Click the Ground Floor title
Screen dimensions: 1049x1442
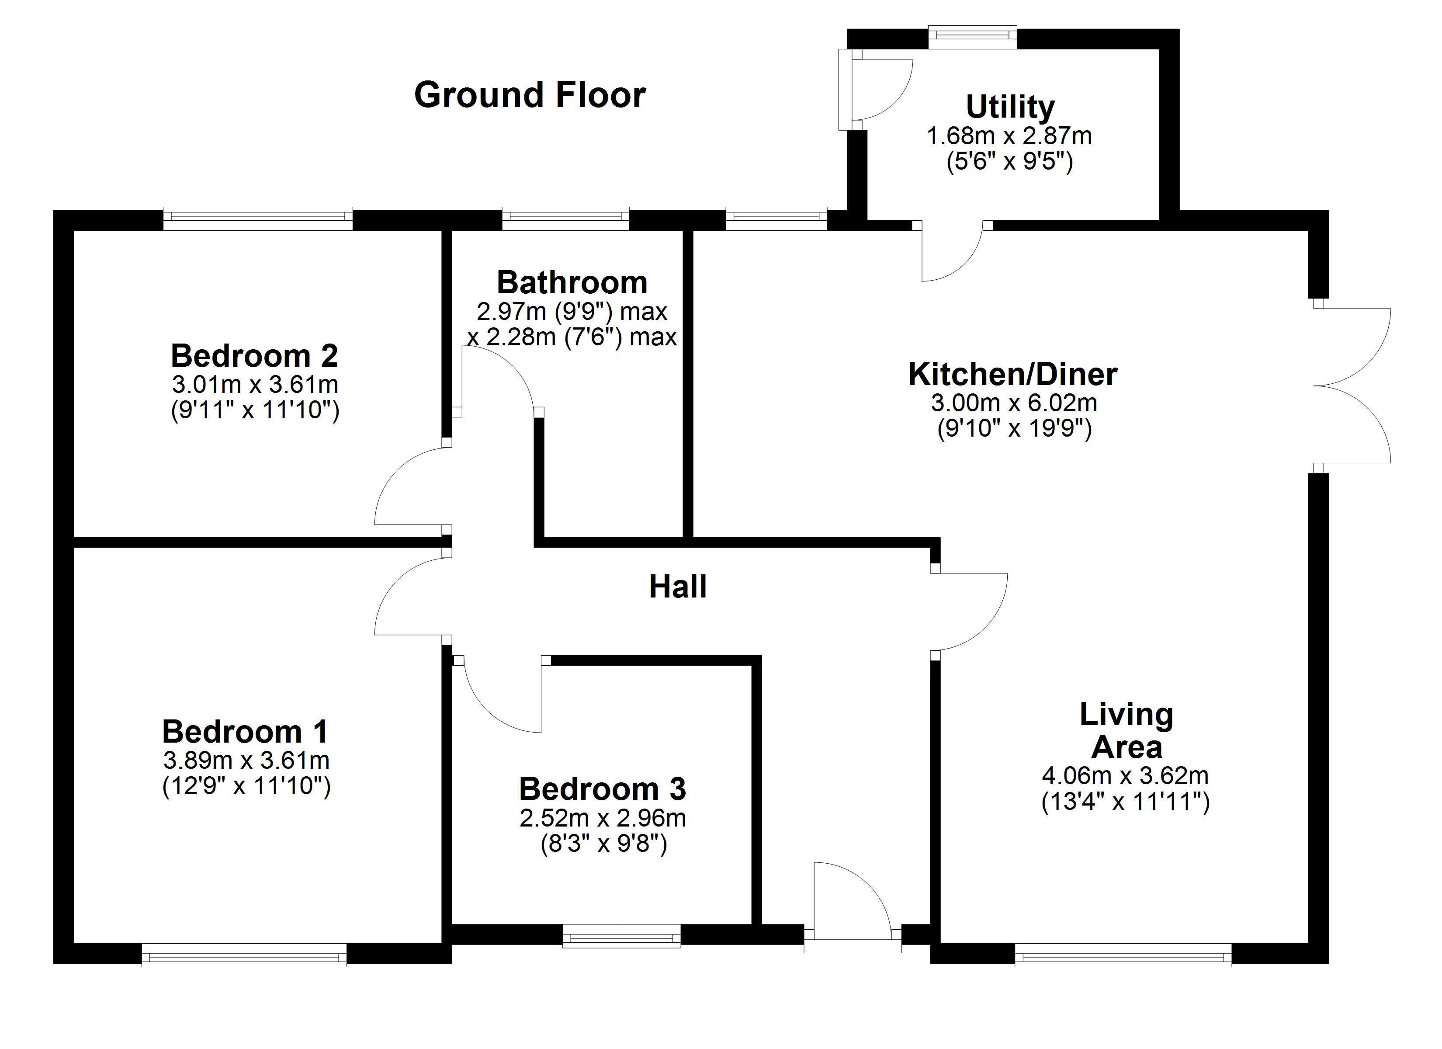click(530, 95)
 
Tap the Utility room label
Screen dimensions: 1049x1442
click(1010, 107)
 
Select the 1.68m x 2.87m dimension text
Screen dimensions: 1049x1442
click(1010, 136)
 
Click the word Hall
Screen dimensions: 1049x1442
click(678, 587)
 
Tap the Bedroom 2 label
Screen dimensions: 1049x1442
click(254, 356)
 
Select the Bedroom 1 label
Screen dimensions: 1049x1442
click(246, 732)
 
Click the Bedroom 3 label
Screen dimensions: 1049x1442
click(602, 789)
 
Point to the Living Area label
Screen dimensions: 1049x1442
click(1126, 731)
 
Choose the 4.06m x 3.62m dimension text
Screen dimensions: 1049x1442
click(1125, 775)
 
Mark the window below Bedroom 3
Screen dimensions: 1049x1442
click(621, 936)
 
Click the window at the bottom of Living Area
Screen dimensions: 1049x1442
click(1123, 955)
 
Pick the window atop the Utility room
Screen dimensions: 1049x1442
click(972, 37)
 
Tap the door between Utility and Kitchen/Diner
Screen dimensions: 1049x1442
click(952, 251)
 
